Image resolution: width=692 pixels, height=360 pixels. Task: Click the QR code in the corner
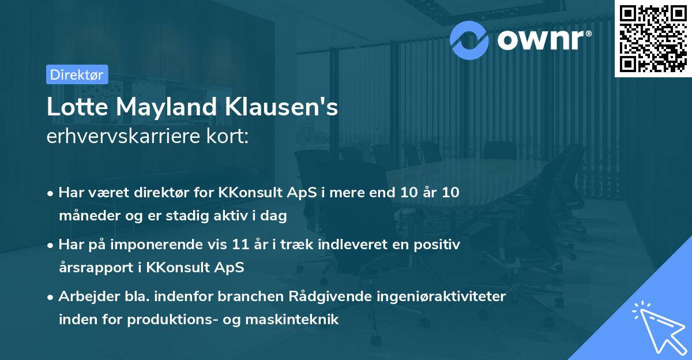tap(653, 38)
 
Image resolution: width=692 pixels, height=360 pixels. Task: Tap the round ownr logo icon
tap(469, 39)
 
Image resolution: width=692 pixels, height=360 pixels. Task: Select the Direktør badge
tap(77, 74)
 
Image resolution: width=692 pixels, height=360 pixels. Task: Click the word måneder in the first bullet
tap(87, 216)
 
